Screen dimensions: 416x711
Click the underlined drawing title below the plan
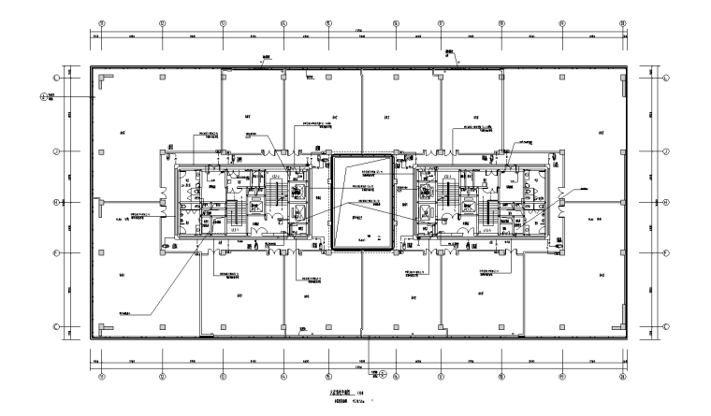click(x=339, y=394)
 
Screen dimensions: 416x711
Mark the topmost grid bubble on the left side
click(x=56, y=78)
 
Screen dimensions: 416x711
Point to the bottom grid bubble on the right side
click(x=666, y=325)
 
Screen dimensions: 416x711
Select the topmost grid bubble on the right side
click(x=666, y=78)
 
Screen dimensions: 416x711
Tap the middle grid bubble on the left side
click(x=56, y=201)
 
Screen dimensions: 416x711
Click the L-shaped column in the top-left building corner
click(x=96, y=74)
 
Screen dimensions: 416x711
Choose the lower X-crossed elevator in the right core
click(x=428, y=212)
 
